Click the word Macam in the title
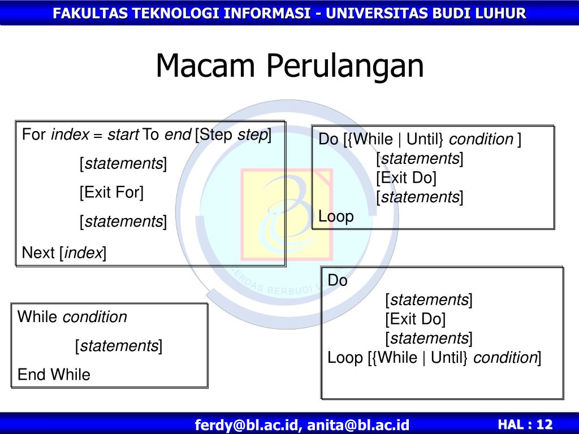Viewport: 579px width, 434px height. pos(205,66)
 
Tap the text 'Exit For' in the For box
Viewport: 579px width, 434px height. pos(112,192)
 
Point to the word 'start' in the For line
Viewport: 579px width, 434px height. pos(123,134)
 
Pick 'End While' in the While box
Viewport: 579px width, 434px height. pos(54,375)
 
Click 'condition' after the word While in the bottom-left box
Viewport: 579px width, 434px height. pos(95,317)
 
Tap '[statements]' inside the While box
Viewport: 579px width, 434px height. pos(119,346)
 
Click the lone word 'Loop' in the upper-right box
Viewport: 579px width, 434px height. pos(336,216)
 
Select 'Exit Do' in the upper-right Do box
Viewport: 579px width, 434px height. pos(406,178)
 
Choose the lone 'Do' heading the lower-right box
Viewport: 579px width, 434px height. pos(338,280)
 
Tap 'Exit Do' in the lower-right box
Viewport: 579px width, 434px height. pos(416,319)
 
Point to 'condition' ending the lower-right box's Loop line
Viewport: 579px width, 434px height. pos(505,358)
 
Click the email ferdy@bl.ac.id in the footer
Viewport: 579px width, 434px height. pos(246,425)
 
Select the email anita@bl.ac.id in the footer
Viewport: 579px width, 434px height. pos(358,425)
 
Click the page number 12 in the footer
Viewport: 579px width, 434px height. pos(545,424)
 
